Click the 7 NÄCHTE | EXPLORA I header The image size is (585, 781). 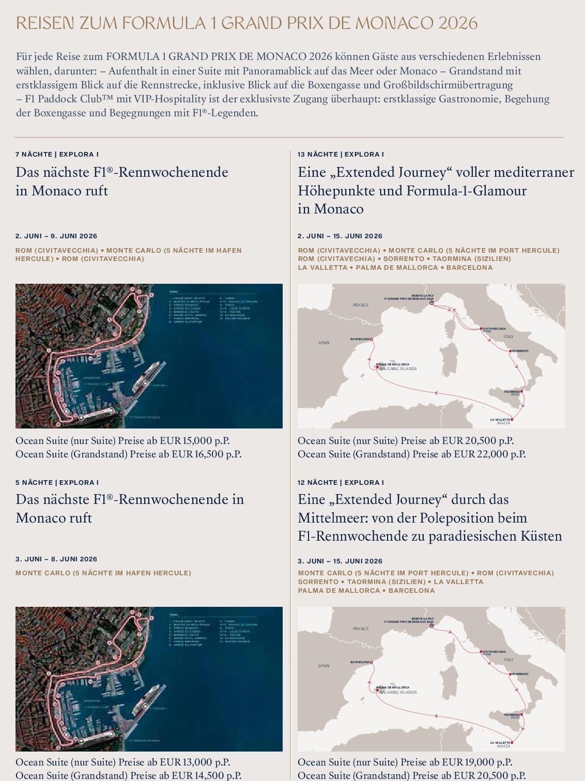(57, 154)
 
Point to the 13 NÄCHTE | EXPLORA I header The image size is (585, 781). (341, 154)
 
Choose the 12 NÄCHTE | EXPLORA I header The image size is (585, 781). (341, 482)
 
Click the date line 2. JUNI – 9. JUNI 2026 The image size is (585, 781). (56, 236)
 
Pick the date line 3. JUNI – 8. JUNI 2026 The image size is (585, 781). (56, 559)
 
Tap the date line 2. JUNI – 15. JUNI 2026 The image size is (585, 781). (340, 236)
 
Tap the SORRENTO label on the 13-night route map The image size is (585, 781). (520, 351)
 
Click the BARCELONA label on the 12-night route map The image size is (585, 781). (360, 662)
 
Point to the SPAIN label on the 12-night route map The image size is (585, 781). (324, 666)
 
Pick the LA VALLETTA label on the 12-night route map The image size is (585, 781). (500, 743)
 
